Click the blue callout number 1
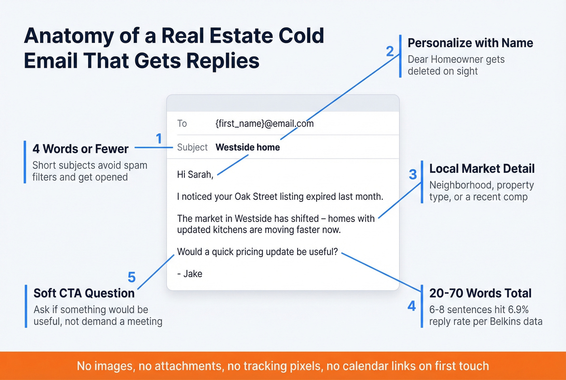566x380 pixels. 159,139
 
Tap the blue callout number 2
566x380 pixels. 390,51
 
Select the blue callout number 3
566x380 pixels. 413,174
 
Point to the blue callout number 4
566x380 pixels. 412,306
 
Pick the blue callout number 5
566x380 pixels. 131,277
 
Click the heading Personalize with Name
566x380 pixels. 470,43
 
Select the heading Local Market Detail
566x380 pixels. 482,169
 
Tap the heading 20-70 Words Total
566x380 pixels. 480,293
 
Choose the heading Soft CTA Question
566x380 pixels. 84,293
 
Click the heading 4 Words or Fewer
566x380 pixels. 80,149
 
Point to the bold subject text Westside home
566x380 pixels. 247,147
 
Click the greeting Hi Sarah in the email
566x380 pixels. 195,174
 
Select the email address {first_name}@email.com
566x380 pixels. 264,123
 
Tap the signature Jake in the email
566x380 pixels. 192,274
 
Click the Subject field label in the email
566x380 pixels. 192,147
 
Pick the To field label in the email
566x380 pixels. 182,123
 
